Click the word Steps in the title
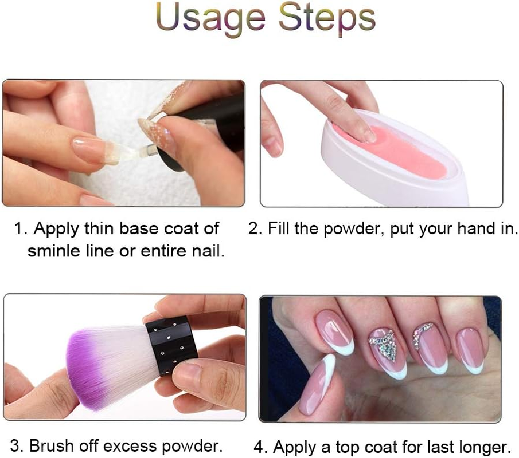[x=327, y=18]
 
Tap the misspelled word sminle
[x=55, y=250]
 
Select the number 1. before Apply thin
[x=21, y=228]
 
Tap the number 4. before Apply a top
[x=262, y=446]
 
